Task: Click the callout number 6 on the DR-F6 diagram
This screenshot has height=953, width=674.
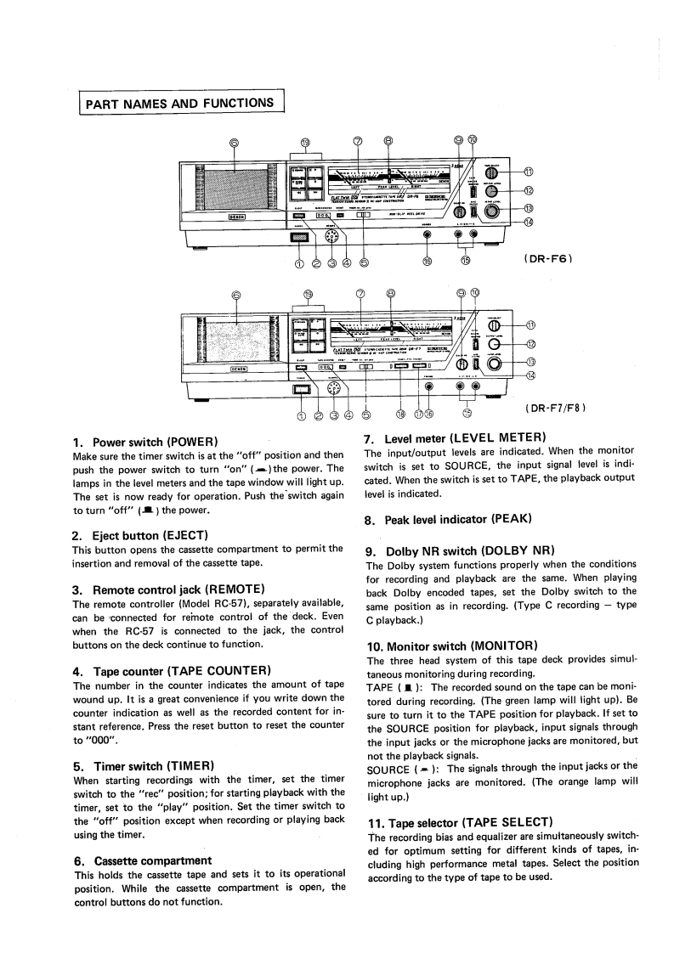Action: pyautogui.click(x=235, y=143)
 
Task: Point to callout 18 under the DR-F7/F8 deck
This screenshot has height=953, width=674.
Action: pyautogui.click(x=401, y=414)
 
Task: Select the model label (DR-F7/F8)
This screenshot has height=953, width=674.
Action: pyautogui.click(x=556, y=407)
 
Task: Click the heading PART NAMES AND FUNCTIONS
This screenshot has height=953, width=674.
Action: pyautogui.click(x=179, y=104)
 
